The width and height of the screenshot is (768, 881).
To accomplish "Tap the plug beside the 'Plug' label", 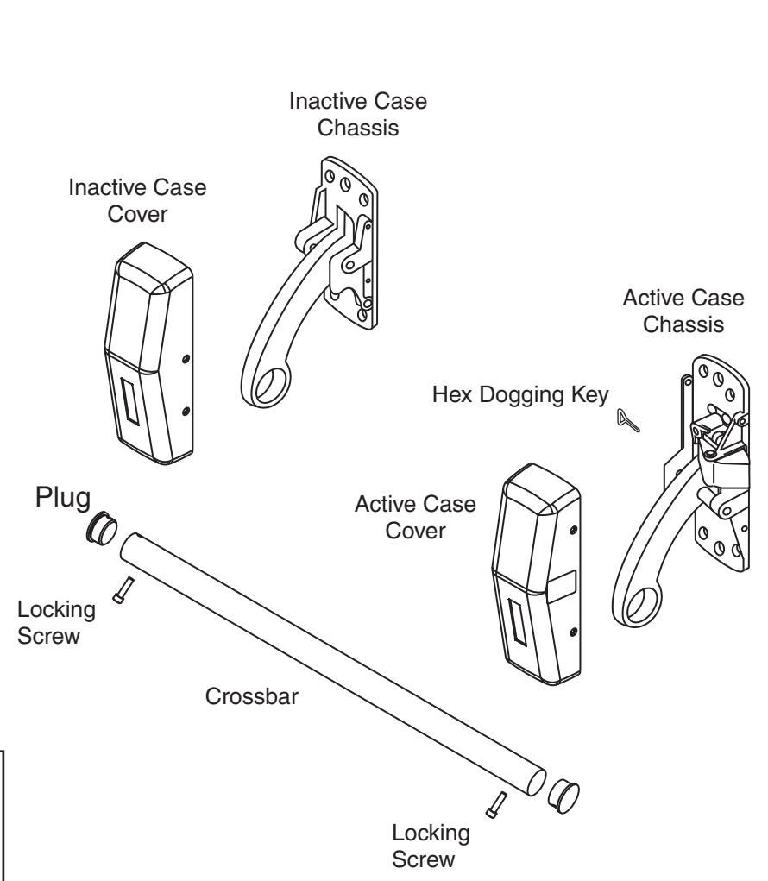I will [100, 530].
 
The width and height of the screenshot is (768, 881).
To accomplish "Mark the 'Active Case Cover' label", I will [415, 517].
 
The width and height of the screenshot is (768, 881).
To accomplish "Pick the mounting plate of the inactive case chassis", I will [354, 233].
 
